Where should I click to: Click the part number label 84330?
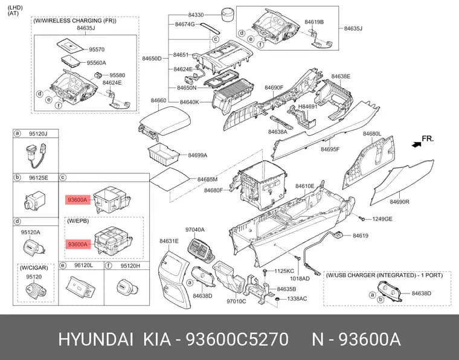[x=196, y=15]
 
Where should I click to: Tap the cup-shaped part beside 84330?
[x=228, y=14]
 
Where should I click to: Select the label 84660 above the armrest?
[x=158, y=100]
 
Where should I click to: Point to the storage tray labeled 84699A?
[x=164, y=153]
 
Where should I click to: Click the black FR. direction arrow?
[x=416, y=144]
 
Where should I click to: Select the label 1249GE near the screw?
[x=382, y=219]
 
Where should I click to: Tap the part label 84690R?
[x=400, y=202]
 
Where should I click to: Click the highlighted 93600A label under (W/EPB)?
[x=77, y=244]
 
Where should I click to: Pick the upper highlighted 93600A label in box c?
[x=77, y=200]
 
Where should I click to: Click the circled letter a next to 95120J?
[x=18, y=133]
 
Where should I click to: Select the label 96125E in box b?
[x=38, y=178]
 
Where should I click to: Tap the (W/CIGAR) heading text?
[x=34, y=268]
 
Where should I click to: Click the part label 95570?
[x=97, y=50]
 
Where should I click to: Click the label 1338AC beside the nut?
[x=297, y=299]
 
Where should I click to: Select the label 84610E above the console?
[x=305, y=186]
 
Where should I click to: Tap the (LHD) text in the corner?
[x=15, y=8]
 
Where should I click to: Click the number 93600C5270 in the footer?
[x=237, y=339]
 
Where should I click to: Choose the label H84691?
[x=307, y=106]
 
